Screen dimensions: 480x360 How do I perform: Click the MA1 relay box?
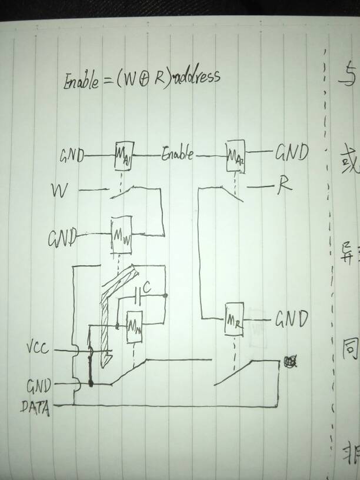(125, 156)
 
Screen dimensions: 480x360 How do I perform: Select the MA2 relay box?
(236, 156)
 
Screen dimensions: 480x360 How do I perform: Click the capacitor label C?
(148, 288)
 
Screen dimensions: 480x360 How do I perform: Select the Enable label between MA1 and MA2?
(177, 156)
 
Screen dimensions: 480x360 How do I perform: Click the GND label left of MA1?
(72, 156)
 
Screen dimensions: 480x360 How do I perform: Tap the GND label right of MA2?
(291, 154)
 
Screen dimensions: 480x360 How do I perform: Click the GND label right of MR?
(292, 319)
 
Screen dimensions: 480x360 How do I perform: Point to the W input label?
(59, 191)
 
